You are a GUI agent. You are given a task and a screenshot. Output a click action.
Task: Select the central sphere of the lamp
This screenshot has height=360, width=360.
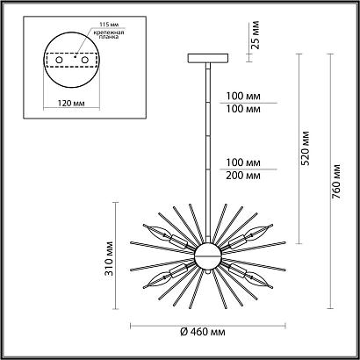click(209, 256)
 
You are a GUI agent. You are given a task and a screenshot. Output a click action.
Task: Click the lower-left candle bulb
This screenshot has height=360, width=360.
click(159, 279)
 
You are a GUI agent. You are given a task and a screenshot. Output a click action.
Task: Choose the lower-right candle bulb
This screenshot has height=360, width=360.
click(259, 281)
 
